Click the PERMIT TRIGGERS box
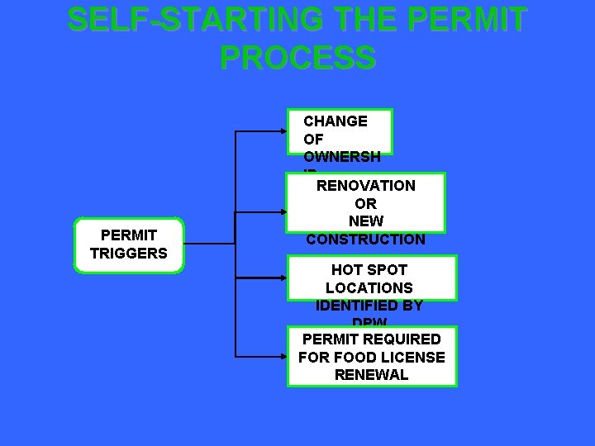tap(128, 244)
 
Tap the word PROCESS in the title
tap(297, 57)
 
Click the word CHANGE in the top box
tap(336, 121)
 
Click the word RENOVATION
tap(366, 186)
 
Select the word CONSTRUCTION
tap(366, 240)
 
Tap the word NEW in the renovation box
tap(366, 221)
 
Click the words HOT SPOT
tap(369, 270)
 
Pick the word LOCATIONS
tap(369, 288)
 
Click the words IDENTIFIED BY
tap(369, 306)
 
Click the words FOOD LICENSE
tap(389, 358)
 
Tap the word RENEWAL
tap(372, 375)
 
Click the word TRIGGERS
tap(128, 254)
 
